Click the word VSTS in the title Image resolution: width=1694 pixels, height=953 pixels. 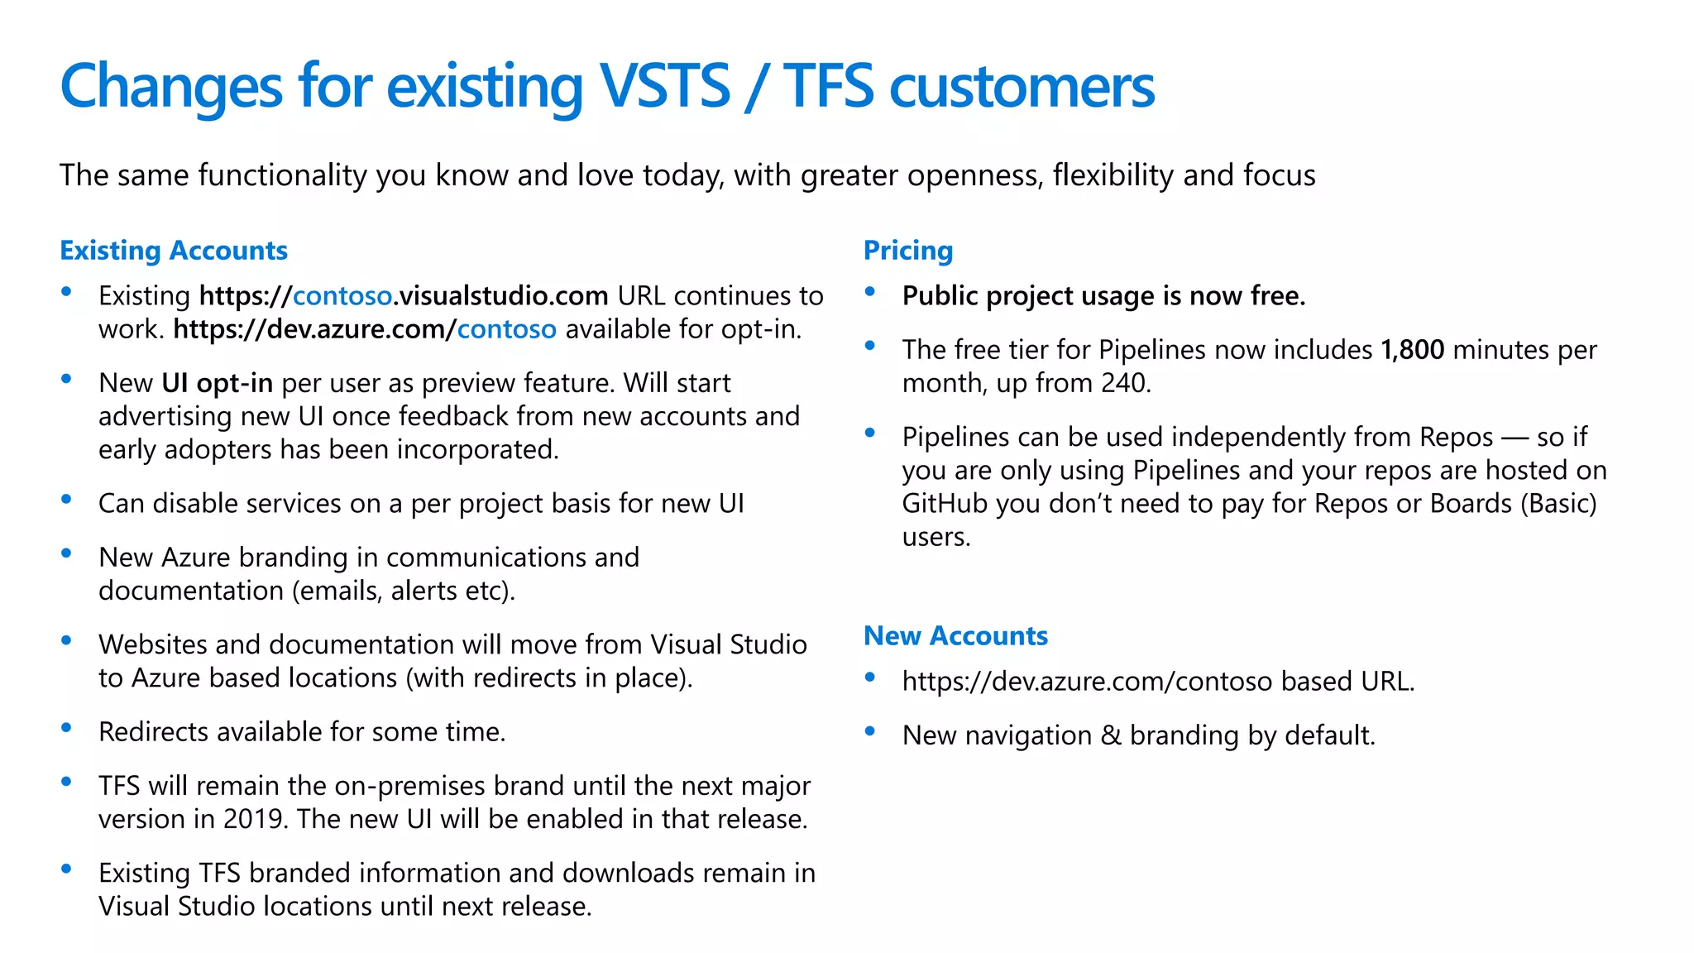pyautogui.click(x=664, y=86)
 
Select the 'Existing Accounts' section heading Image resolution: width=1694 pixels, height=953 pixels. pyautogui.click(x=174, y=250)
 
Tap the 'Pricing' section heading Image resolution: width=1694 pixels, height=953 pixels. pyautogui.click(x=907, y=250)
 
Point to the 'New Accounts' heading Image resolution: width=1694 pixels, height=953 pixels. pyautogui.click(x=955, y=635)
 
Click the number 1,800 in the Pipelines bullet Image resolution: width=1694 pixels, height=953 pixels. pyautogui.click(x=1412, y=350)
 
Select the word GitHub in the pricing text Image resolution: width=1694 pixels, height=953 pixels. pyautogui.click(x=944, y=504)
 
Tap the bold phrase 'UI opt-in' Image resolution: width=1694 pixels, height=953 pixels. pyautogui.click(x=217, y=383)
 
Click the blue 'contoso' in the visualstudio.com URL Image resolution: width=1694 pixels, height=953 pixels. pyautogui.click(x=342, y=296)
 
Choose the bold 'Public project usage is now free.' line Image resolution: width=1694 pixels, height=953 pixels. pyautogui.click(x=1103, y=296)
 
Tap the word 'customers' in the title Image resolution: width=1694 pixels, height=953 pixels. pyautogui.click(x=1022, y=86)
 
